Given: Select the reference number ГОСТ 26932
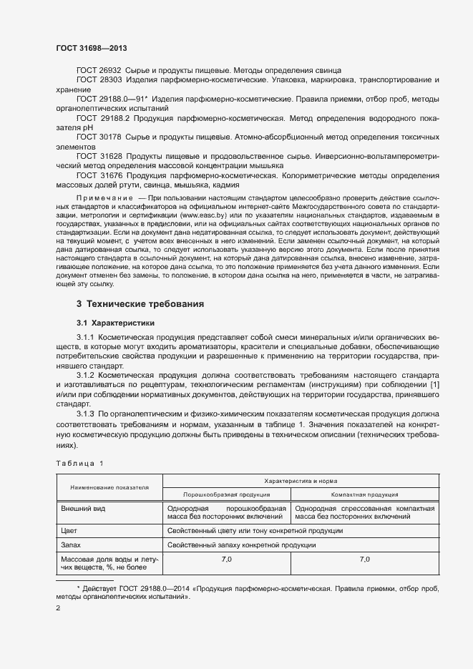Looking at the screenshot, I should click(x=99, y=70).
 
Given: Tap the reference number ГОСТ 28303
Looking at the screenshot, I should click(x=99, y=81).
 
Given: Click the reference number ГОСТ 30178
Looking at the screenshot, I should click(x=99, y=135).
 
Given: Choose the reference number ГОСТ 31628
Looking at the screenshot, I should click(x=99, y=154).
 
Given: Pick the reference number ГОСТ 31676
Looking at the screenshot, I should click(x=99, y=173).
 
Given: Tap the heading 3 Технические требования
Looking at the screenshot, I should click(x=140, y=304).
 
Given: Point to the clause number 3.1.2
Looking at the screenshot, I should click(x=85, y=375).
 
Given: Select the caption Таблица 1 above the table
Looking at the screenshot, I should click(x=79, y=463).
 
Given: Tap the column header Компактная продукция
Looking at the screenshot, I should click(x=364, y=494).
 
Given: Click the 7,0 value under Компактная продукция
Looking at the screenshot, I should click(x=364, y=558).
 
